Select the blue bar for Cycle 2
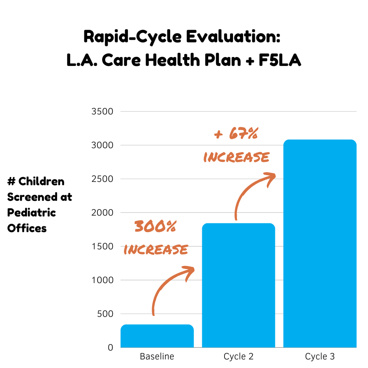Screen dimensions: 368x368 (x=238, y=285)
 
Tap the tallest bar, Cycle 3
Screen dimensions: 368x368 (x=320, y=244)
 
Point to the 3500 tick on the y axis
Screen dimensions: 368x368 (x=102, y=111)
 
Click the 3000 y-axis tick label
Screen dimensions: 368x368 (x=102, y=145)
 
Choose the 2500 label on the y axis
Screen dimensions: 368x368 (x=102, y=179)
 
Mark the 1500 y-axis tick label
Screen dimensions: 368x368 (x=102, y=246)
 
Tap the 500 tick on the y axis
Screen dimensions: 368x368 (x=105, y=314)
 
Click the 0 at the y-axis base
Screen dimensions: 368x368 (x=110, y=347)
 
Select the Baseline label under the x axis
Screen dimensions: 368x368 (x=157, y=356)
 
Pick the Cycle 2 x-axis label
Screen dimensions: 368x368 (x=238, y=356)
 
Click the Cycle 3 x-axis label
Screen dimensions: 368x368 (x=320, y=356)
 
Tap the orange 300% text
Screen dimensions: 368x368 (x=155, y=227)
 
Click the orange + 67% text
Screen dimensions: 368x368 (x=236, y=134)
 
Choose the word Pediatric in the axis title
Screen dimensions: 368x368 (x=31, y=213)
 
